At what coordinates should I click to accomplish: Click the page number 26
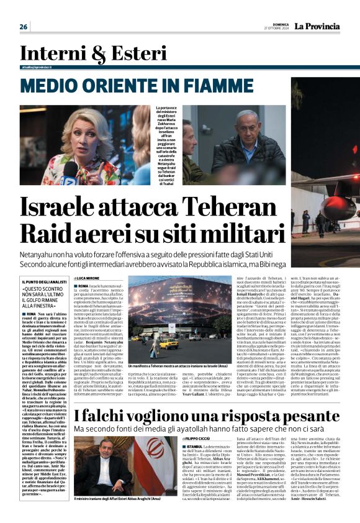tap(24, 27)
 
